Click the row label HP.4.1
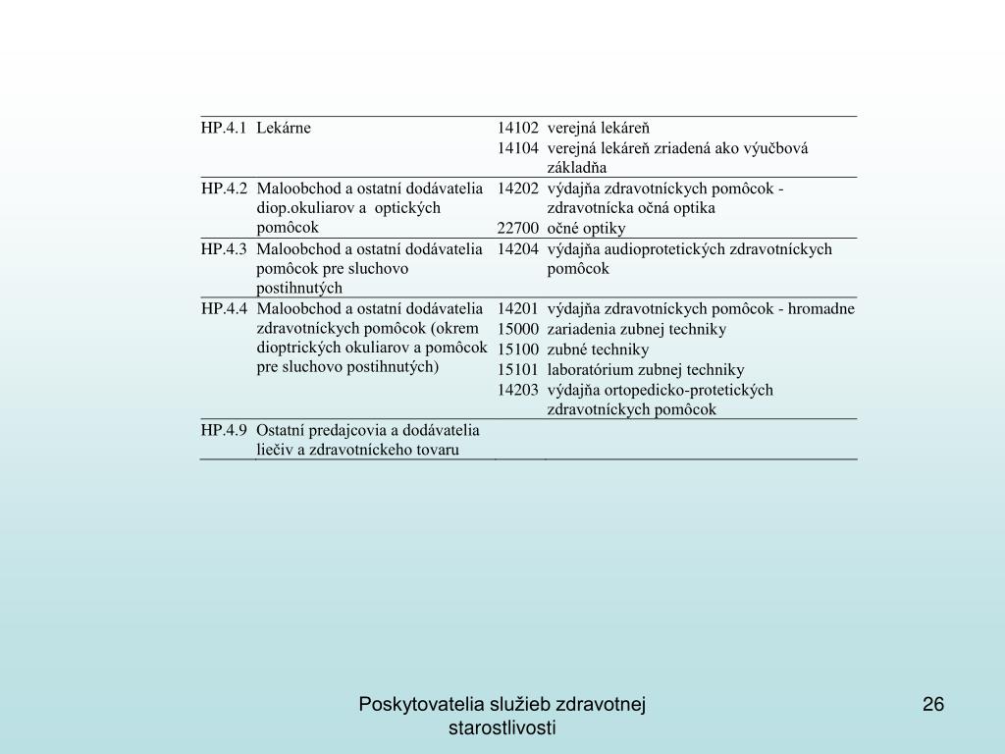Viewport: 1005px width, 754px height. [225, 128]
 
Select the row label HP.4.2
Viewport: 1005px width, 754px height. [225, 188]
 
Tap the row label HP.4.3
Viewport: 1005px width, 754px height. [225, 248]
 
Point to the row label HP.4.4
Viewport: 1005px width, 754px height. [225, 308]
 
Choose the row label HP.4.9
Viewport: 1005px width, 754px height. [225, 429]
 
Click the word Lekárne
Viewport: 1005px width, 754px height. [284, 128]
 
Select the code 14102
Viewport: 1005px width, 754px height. [518, 128]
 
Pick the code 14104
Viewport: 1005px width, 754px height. [518, 147]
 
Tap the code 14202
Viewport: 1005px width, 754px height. [518, 188]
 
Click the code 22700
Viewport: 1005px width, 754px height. [518, 228]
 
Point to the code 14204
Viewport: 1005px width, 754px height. [518, 248]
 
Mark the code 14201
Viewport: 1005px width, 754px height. [518, 308]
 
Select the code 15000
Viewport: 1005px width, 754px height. [518, 329]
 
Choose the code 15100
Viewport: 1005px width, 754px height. [518, 349]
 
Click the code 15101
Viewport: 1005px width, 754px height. [518, 369]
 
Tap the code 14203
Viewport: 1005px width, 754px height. [518, 389]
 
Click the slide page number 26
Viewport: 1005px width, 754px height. [932, 704]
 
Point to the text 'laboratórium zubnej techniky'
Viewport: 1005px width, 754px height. [646, 369]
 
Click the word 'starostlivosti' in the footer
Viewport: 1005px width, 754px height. [502, 727]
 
